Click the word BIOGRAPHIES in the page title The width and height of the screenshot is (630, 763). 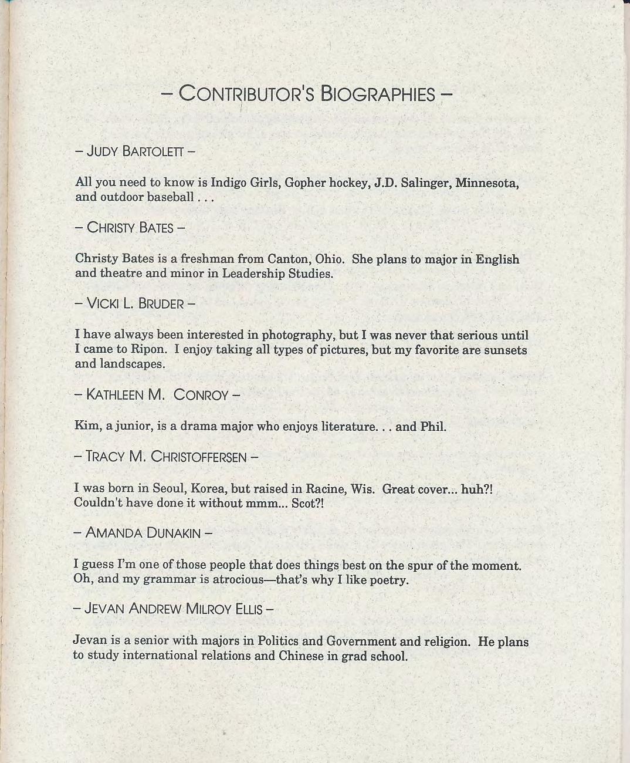(x=378, y=94)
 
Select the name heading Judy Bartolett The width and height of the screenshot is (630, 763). (x=135, y=151)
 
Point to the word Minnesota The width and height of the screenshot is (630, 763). (x=486, y=183)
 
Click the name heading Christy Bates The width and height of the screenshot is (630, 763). (x=130, y=227)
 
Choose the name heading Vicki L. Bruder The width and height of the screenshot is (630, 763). (x=135, y=303)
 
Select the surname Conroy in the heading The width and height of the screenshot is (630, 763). (x=201, y=394)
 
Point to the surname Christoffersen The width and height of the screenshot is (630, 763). (x=199, y=457)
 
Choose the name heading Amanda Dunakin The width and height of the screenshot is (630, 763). (x=143, y=533)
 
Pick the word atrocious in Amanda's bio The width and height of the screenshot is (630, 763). (x=286, y=580)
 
